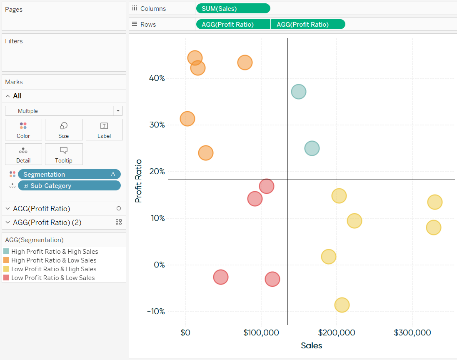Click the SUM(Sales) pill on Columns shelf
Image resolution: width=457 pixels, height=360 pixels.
tap(232, 8)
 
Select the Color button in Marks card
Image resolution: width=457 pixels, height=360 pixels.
tap(23, 130)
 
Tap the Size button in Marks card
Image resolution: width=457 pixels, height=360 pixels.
tap(64, 130)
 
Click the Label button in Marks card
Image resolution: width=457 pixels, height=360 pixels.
tap(104, 130)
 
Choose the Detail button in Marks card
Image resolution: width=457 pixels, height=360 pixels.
tap(23, 154)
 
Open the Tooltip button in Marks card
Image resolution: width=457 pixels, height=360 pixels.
tap(64, 154)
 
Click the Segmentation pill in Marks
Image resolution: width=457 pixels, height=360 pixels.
tap(69, 174)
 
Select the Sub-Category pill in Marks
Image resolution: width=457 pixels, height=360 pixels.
tap(69, 186)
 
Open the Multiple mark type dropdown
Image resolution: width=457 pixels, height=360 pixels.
tap(64, 111)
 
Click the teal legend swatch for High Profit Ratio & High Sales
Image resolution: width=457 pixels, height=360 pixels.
tap(6, 252)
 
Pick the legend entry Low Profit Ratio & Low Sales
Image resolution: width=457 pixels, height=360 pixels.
tap(53, 278)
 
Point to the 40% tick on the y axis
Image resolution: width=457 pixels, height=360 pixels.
tap(157, 78)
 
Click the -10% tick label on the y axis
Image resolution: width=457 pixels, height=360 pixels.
tap(156, 312)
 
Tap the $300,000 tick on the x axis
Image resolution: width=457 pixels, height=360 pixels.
tap(412, 332)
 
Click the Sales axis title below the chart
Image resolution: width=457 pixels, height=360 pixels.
tap(311, 345)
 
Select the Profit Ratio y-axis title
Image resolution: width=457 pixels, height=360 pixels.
tap(139, 181)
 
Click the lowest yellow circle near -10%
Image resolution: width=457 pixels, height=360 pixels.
tap(342, 305)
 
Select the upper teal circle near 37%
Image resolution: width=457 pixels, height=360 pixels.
tap(298, 91)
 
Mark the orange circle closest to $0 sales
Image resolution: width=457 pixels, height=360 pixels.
tap(187, 119)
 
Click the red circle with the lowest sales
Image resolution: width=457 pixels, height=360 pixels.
tap(220, 277)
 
